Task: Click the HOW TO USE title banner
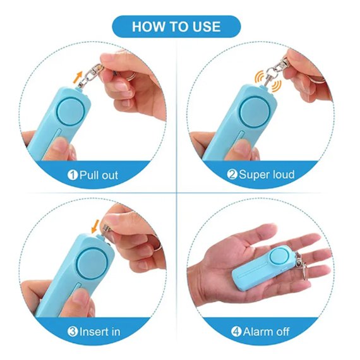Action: [176, 27]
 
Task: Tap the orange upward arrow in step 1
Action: [78, 77]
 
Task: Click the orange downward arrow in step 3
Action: [95, 226]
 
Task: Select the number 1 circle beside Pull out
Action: [73, 175]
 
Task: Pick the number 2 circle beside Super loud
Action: [232, 174]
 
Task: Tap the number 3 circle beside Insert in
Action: [73, 332]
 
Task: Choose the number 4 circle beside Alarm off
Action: [236, 332]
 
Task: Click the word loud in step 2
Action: [283, 174]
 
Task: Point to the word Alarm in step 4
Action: [258, 332]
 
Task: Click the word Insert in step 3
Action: [93, 332]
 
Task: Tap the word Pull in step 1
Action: [88, 176]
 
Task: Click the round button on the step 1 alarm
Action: [70, 112]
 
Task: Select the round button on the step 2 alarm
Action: [254, 112]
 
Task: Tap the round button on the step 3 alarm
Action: [92, 263]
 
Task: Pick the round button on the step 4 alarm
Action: [279, 256]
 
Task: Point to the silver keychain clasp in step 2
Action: [275, 71]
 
